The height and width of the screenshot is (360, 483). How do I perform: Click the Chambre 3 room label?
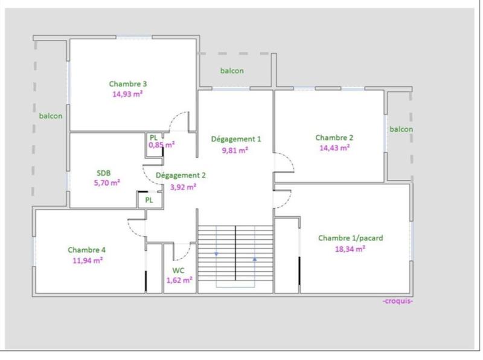128,84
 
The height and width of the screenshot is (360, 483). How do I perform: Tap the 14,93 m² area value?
127,94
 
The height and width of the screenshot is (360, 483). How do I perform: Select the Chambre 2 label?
334,137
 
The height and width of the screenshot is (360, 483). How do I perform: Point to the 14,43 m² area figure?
334,147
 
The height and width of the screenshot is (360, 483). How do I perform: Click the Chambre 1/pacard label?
350,238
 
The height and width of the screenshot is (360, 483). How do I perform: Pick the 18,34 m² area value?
350,248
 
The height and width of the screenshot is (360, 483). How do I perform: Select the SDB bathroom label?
104,172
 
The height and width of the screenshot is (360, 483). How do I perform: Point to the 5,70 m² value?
107,182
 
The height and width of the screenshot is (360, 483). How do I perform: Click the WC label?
178,270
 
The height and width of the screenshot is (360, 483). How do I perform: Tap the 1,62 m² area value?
179,280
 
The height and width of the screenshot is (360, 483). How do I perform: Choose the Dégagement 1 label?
235,139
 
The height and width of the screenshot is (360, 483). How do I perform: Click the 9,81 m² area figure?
235,150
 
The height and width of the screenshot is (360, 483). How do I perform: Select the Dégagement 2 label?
181,176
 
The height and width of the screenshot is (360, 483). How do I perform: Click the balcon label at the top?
232,71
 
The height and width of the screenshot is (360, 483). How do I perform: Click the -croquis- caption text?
398,301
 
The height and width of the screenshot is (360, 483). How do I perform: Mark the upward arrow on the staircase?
255,259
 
